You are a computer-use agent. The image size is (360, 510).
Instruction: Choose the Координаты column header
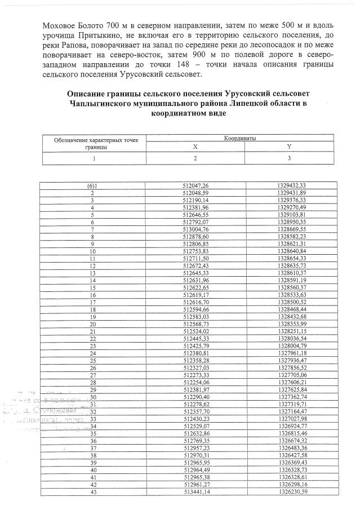pos(241,137)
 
